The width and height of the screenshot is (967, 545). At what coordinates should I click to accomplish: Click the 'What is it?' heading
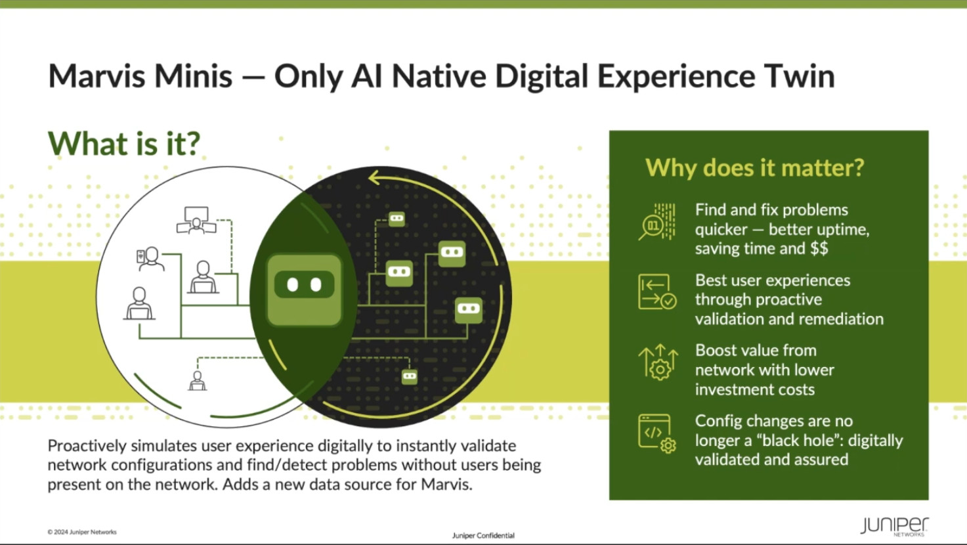[x=124, y=143]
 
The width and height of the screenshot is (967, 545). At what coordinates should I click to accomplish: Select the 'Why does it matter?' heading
[x=754, y=167]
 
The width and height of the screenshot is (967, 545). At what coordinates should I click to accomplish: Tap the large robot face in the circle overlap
[x=305, y=289]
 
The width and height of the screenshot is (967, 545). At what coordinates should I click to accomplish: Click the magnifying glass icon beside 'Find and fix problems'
[x=657, y=221]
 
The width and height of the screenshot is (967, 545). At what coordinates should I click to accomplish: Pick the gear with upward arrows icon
[x=658, y=362]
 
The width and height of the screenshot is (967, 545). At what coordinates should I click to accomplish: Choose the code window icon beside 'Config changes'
[x=657, y=433]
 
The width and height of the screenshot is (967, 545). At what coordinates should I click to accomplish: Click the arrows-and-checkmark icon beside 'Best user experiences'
[x=657, y=292]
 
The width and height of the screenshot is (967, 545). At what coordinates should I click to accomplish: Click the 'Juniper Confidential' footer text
[x=483, y=536]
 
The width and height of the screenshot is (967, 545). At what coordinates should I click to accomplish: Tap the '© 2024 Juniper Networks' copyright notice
[x=82, y=532]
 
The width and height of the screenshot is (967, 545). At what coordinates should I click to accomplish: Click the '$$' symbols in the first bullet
[x=819, y=249]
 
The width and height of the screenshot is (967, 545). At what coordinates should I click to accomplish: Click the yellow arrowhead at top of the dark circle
[x=374, y=177]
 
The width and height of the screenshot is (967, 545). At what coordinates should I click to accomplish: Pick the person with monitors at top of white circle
[x=196, y=220]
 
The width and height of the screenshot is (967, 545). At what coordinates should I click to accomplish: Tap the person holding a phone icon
[x=150, y=259]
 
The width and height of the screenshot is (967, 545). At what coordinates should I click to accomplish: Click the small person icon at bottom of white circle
[x=198, y=380]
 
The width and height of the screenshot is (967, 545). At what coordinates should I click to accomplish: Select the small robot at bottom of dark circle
[x=409, y=377]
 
